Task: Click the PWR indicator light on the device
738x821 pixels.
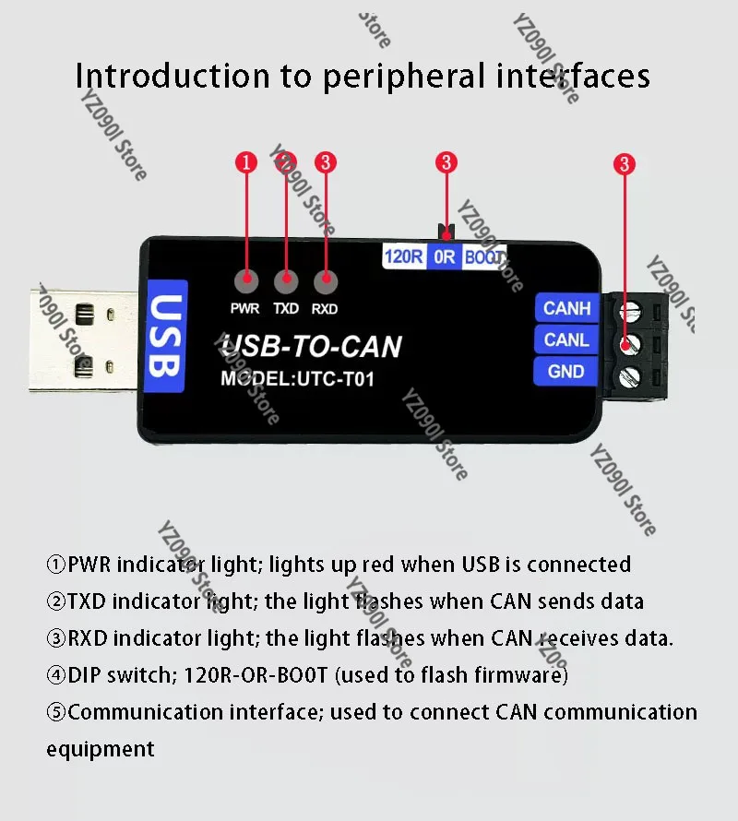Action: pyautogui.click(x=246, y=281)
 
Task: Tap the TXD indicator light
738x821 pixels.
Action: pyautogui.click(x=286, y=281)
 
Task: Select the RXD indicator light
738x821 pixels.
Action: pyautogui.click(x=326, y=281)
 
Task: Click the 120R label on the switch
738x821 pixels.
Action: pyautogui.click(x=404, y=256)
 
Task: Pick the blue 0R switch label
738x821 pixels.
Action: pyautogui.click(x=444, y=256)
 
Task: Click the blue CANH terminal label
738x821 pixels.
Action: pyautogui.click(x=566, y=308)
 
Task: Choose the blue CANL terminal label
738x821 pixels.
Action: pyautogui.click(x=566, y=339)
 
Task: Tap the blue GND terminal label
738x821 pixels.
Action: pyautogui.click(x=565, y=371)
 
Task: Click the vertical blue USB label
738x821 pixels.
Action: pyautogui.click(x=167, y=336)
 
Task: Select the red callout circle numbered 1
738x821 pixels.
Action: pyautogui.click(x=246, y=162)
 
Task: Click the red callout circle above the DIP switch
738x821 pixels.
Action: pyautogui.click(x=446, y=162)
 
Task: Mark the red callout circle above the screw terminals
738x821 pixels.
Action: pyautogui.click(x=625, y=164)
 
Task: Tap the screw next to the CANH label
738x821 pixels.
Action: pyautogui.click(x=629, y=311)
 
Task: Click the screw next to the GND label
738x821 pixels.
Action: pyautogui.click(x=629, y=376)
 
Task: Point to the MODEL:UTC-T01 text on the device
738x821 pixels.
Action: pyautogui.click(x=297, y=378)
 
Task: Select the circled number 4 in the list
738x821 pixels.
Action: pyautogui.click(x=56, y=675)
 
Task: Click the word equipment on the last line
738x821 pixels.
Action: pyautogui.click(x=101, y=750)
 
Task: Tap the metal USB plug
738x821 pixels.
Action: pyautogui.click(x=84, y=339)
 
